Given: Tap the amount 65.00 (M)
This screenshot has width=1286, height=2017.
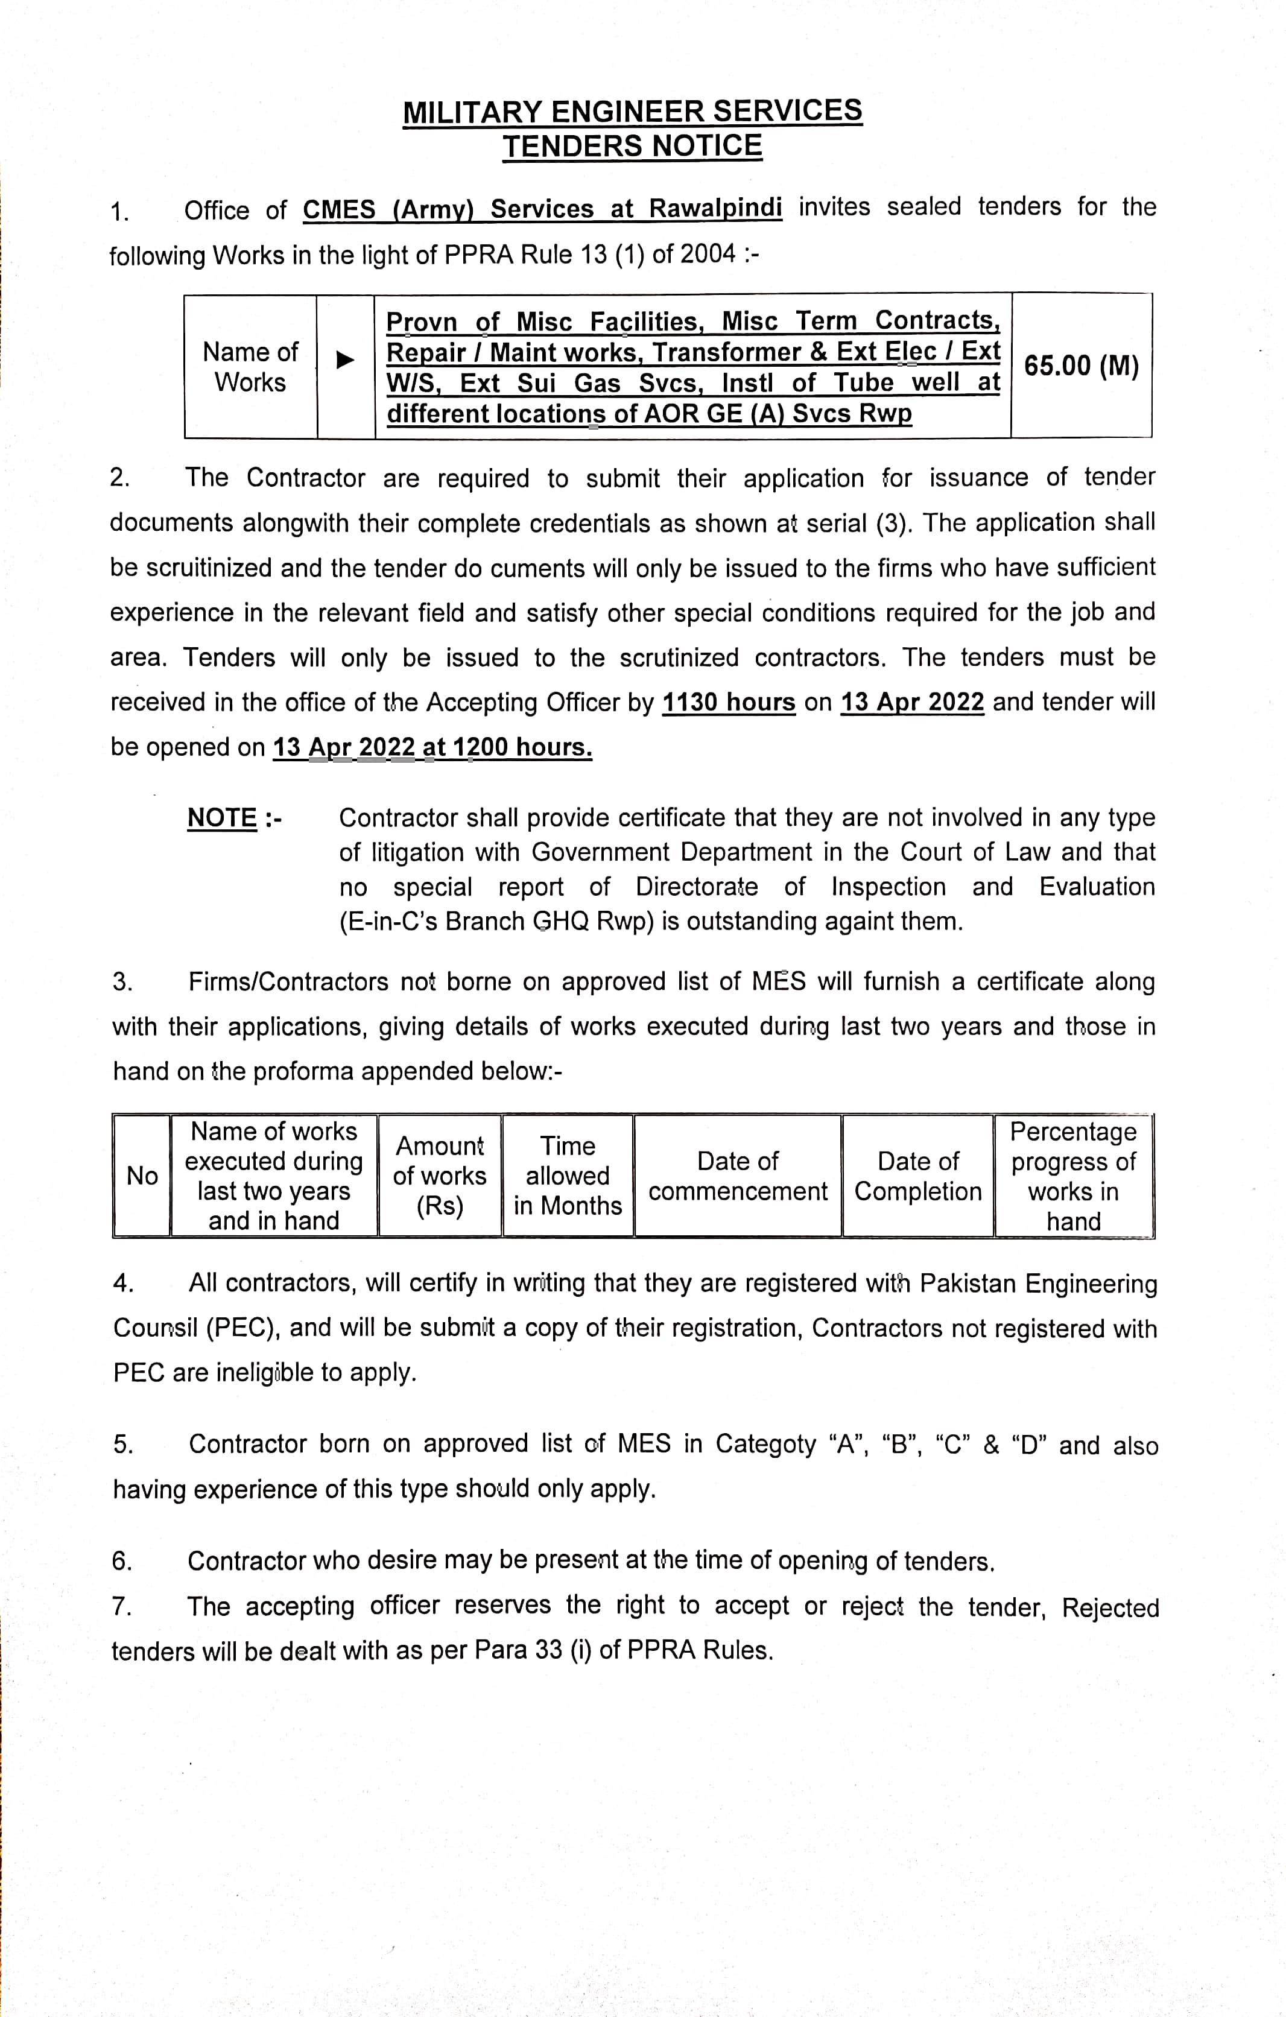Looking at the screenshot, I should (x=1081, y=366).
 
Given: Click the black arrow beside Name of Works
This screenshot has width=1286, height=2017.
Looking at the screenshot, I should (x=344, y=360).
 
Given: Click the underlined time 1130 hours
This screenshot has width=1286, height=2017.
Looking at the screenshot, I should (x=728, y=702).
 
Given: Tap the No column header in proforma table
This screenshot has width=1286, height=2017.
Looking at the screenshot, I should (x=142, y=1176).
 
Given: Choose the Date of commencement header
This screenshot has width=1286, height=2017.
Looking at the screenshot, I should (x=737, y=1176).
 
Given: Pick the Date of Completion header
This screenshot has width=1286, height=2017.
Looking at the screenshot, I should (x=917, y=1176).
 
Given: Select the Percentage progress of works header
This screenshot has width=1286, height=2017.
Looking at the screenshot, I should (x=1073, y=1176).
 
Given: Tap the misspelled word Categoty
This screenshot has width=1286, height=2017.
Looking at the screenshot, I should (x=765, y=1444).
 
